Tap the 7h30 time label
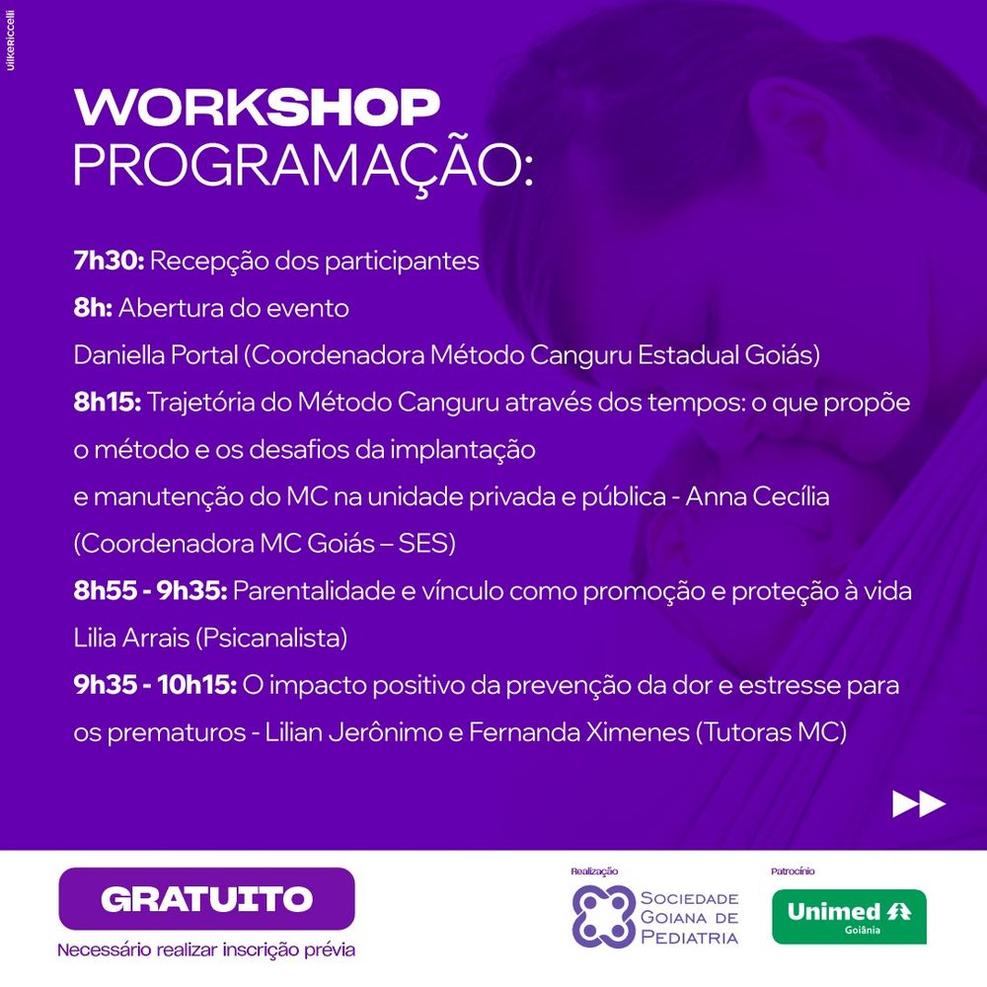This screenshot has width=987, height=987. [x=109, y=261]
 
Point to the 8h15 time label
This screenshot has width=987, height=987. [x=108, y=403]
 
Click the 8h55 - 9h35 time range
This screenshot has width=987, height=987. [x=150, y=590]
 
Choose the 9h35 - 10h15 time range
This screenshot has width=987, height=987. [x=156, y=685]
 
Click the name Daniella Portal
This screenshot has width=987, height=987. [x=156, y=355]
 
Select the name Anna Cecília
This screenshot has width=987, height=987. [x=757, y=496]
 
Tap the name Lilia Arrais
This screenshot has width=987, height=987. [x=131, y=638]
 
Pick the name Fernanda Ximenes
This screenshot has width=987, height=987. [x=579, y=732]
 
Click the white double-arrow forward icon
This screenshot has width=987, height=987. [x=919, y=803]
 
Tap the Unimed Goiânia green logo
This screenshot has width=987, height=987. [x=849, y=917]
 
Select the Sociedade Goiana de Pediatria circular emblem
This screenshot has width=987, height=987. [x=603, y=917]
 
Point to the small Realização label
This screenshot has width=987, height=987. [x=594, y=872]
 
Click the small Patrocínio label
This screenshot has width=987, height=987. [x=793, y=872]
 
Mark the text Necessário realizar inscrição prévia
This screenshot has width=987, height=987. [x=206, y=949]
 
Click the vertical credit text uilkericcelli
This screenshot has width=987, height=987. [x=11, y=40]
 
